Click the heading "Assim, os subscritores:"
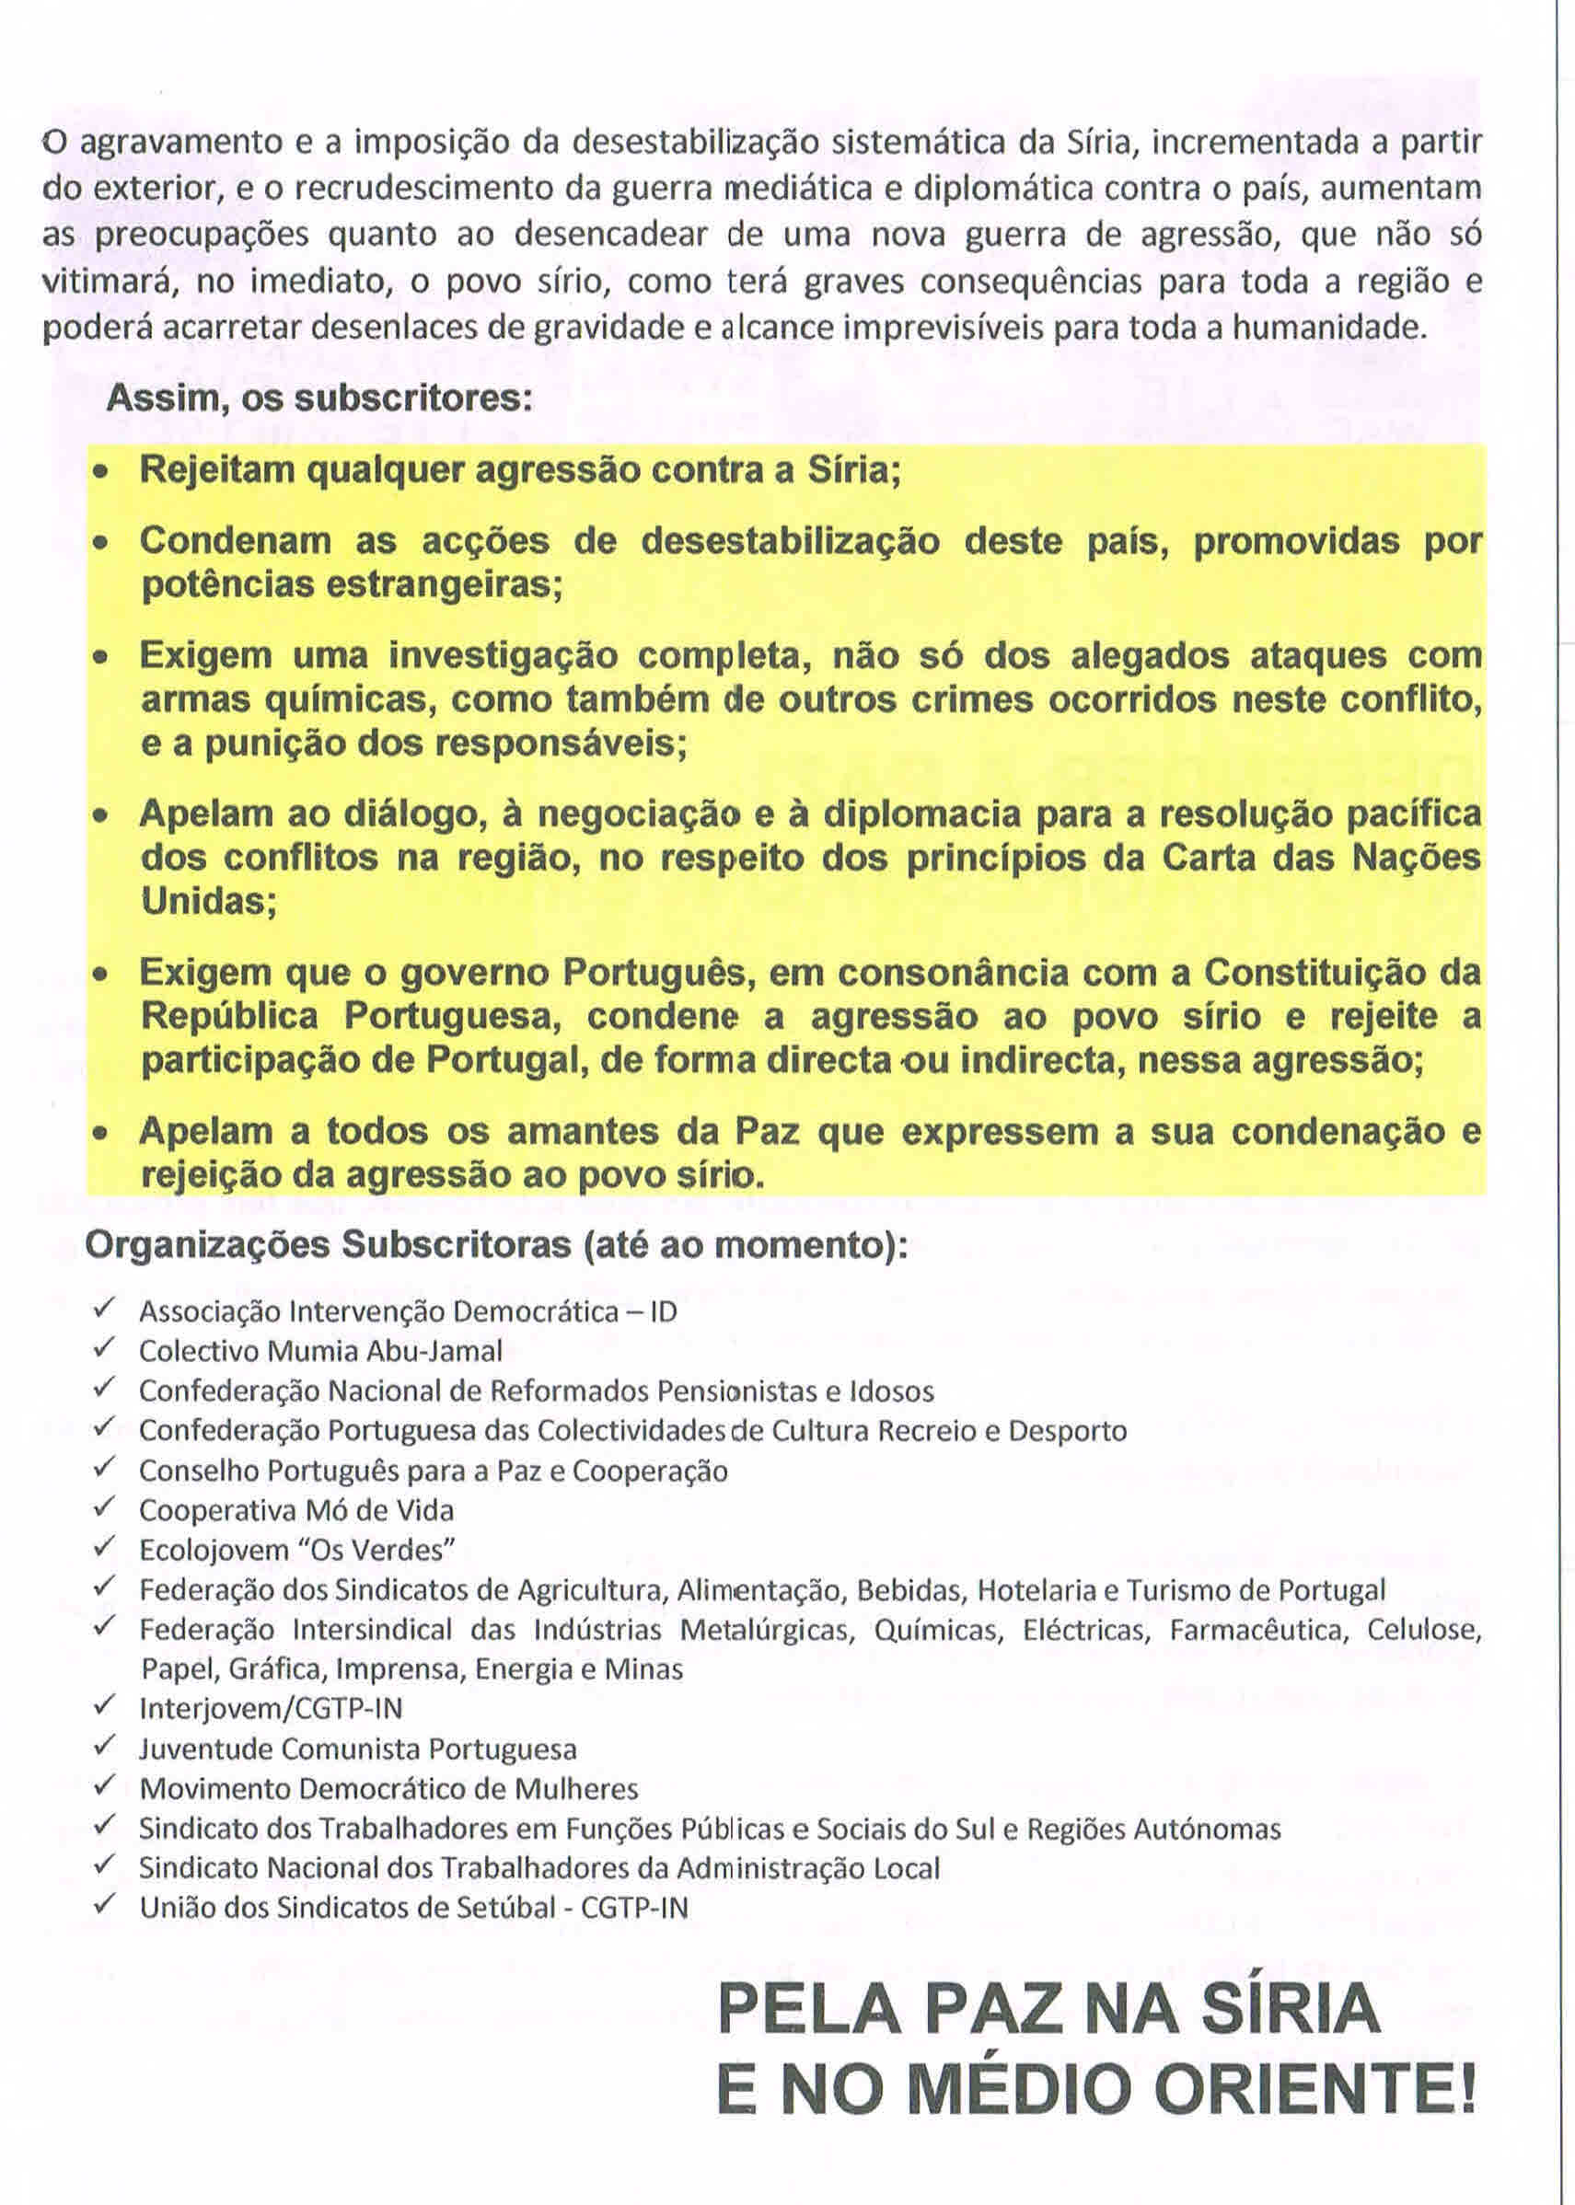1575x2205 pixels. [x=319, y=398]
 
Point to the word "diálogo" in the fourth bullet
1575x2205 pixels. [x=407, y=814]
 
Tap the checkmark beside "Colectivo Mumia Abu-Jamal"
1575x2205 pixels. [x=104, y=1349]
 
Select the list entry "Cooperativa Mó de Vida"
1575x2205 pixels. [x=295, y=1510]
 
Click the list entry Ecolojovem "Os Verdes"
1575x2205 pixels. [x=296, y=1550]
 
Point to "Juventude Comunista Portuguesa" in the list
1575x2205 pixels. [x=358, y=1749]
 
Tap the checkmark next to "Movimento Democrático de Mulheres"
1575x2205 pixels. [x=104, y=1786]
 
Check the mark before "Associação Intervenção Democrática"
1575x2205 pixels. [x=104, y=1309]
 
